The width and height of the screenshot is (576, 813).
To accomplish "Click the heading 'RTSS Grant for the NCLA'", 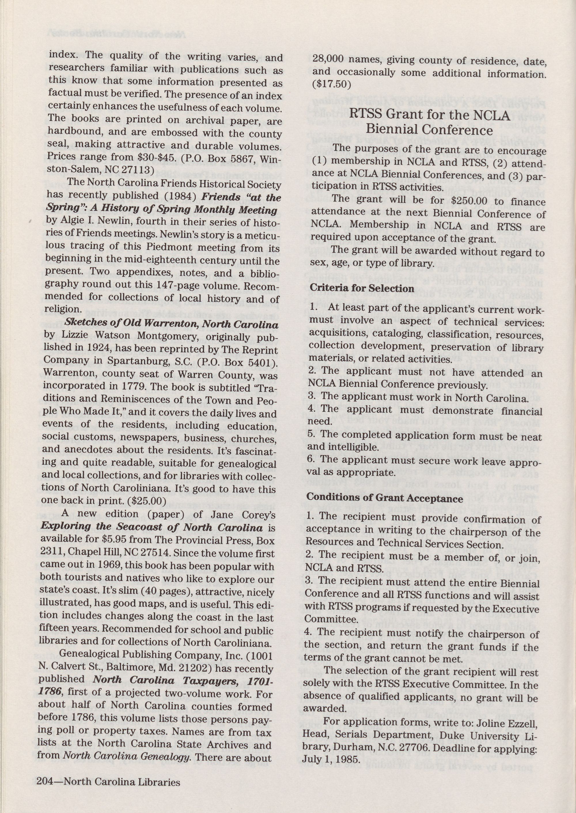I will coord(429,115).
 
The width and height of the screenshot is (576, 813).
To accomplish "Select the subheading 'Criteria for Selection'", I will coord(362,288).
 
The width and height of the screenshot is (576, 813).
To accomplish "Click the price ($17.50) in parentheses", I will coord(331,85).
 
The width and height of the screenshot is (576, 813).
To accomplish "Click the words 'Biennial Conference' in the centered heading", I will coord(429,130).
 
